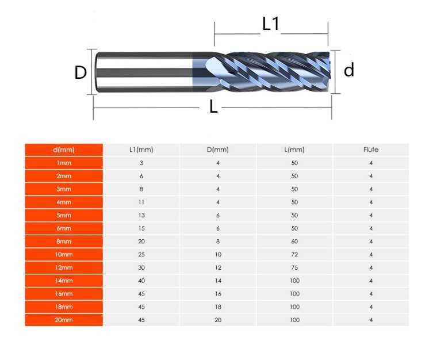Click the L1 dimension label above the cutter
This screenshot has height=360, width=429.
(x=270, y=24)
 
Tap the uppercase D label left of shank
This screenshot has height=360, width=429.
(x=81, y=72)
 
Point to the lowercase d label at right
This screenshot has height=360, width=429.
(x=348, y=70)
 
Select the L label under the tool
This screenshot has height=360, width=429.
(x=213, y=106)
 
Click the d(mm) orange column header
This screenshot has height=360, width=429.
(x=64, y=150)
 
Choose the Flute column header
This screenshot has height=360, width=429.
(x=371, y=150)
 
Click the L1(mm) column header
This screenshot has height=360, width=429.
(x=141, y=150)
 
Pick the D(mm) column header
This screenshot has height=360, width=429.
(x=218, y=150)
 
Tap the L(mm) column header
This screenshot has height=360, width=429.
(x=294, y=150)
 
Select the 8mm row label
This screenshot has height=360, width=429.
(x=64, y=242)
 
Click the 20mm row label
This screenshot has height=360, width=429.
(x=64, y=320)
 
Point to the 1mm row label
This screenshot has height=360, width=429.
(x=64, y=163)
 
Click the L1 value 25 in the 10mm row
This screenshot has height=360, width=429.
(x=141, y=255)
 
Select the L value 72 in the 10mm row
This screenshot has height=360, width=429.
(x=294, y=255)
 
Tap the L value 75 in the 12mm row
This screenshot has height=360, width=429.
(x=294, y=268)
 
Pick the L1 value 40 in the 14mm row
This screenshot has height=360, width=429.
(x=141, y=281)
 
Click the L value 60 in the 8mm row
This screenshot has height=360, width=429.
(x=294, y=242)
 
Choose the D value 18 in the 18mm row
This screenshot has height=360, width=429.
(x=218, y=307)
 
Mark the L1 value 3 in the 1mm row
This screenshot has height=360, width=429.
(x=141, y=163)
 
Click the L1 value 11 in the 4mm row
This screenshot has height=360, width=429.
(x=141, y=202)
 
